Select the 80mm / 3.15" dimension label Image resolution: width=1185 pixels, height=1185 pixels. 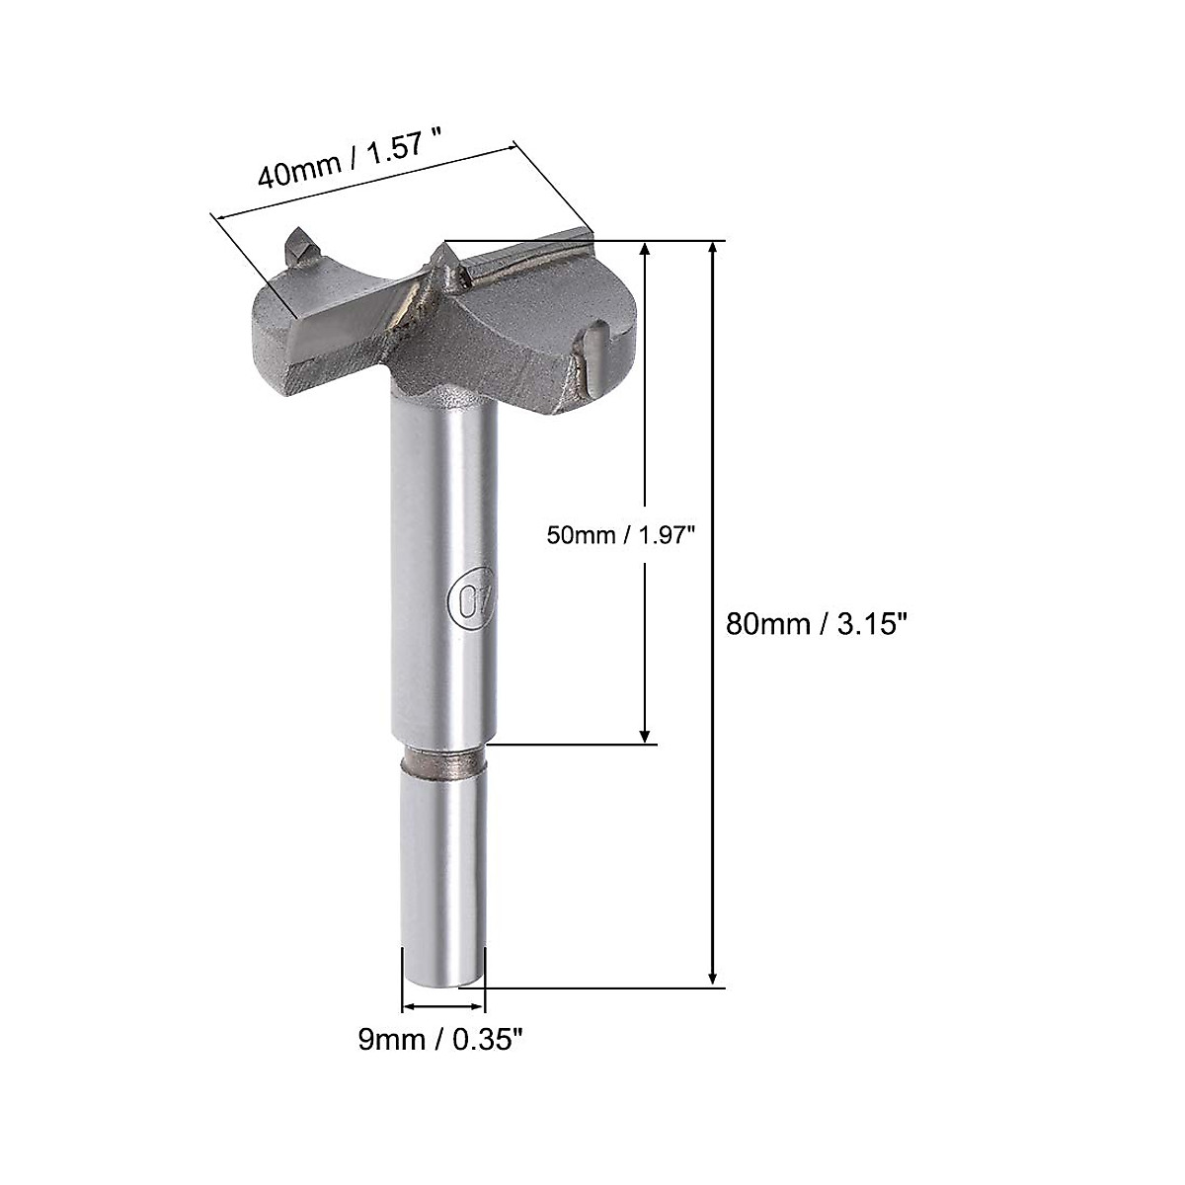(816, 624)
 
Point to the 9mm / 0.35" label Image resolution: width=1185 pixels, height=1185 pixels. (439, 1040)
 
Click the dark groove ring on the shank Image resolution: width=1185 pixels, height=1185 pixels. (444, 763)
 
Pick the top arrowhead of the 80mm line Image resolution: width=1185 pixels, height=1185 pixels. (713, 249)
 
